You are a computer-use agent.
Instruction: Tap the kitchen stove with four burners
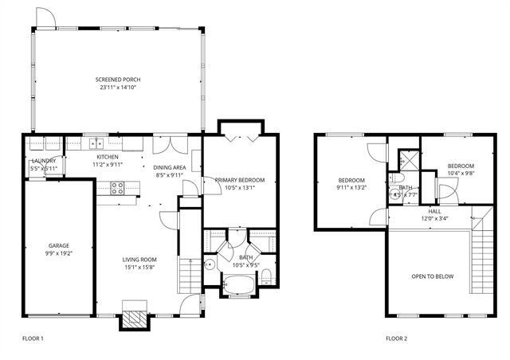click(116, 189)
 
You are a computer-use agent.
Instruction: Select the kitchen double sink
click(96, 144)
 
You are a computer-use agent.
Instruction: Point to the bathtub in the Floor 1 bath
click(238, 283)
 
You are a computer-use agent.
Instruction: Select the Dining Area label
click(170, 167)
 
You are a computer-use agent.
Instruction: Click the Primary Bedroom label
click(240, 181)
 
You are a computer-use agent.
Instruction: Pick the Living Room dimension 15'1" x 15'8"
click(139, 268)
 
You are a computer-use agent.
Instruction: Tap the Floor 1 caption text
click(33, 338)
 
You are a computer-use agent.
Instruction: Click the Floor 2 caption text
click(396, 338)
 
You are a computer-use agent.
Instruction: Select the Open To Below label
click(433, 276)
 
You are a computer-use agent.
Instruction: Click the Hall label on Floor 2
click(434, 210)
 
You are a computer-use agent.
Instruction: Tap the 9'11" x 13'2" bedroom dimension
click(351, 188)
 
